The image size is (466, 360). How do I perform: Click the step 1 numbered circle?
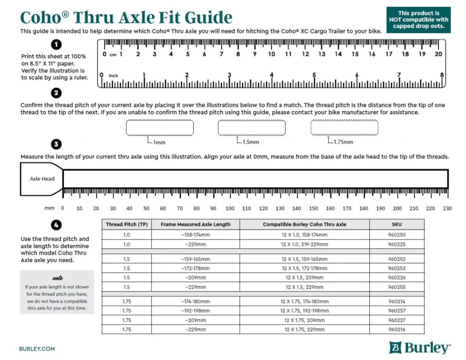tap(56, 44)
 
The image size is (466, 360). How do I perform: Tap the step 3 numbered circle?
tap(56, 144)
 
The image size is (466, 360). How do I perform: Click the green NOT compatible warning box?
tap(418, 20)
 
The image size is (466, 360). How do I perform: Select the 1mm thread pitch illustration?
tap(160, 127)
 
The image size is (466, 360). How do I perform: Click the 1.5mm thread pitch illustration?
tap(251, 127)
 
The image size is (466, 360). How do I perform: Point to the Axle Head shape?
tap(42, 179)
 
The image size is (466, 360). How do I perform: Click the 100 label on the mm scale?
tap(230, 208)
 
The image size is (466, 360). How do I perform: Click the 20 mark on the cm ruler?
tap(438, 54)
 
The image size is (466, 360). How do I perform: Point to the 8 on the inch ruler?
tap(441, 75)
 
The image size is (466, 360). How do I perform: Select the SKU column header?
tap(396, 224)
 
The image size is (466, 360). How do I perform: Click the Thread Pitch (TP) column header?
tap(127, 224)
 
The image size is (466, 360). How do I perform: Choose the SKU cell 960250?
tap(396, 235)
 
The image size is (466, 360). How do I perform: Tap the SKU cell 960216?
tap(396, 330)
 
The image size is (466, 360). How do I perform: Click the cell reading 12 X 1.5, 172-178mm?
tap(304, 268)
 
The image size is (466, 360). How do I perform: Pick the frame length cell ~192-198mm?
tap(195, 311)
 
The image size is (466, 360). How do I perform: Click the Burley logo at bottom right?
tap(420, 347)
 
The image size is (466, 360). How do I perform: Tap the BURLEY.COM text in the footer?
tap(37, 348)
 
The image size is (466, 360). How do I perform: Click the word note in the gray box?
tap(57, 278)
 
